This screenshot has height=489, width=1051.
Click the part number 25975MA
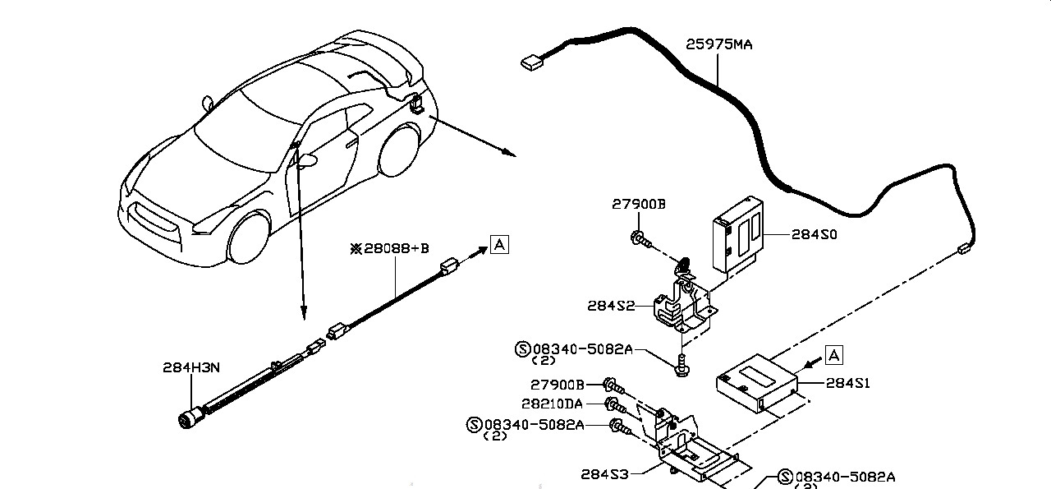coord(718,44)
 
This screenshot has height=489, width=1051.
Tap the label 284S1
coord(847,382)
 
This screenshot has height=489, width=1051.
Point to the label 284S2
coord(611,306)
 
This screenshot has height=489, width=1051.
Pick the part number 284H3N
coord(190,367)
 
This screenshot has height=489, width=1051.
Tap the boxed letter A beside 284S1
coord(833,355)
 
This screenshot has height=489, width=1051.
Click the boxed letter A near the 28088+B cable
coord(499,243)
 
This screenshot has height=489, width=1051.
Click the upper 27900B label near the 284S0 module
coord(638,205)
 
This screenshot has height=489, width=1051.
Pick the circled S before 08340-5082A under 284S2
coord(522,349)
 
